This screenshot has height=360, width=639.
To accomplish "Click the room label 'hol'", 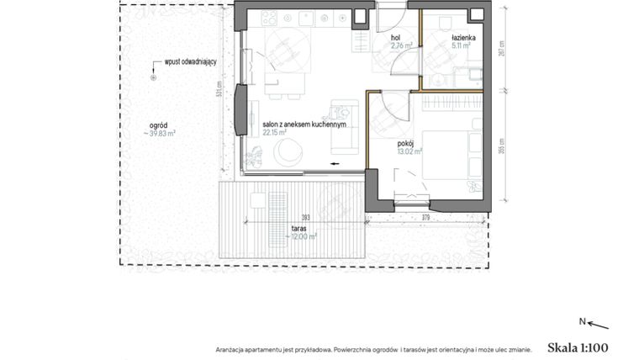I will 394,39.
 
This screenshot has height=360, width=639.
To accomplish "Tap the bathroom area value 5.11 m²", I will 460,47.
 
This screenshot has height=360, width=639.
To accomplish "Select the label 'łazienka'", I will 463,39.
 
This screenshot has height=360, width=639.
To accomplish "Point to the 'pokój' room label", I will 407,143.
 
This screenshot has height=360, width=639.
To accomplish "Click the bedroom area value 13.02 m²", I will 409,151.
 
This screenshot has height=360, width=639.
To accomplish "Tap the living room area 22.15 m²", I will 274,132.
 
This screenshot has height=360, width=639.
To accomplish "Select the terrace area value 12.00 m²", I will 301,237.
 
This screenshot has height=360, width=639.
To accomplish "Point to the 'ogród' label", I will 157,124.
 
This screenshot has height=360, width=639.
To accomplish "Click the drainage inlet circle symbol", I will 153,77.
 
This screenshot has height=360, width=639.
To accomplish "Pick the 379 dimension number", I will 425,217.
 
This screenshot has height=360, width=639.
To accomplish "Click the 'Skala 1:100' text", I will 577,347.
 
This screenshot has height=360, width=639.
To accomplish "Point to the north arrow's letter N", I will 582,321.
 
